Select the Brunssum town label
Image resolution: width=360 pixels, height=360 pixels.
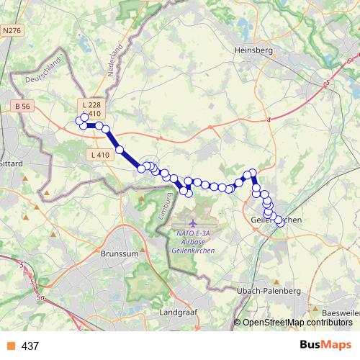(x=120, y=254)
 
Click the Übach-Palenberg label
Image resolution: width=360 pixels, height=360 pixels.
(x=268, y=290)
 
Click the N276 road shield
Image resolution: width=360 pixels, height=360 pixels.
(x=12, y=31)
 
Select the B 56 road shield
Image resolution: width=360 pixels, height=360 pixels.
(x=23, y=106)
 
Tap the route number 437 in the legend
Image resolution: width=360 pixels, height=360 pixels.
(x=30, y=346)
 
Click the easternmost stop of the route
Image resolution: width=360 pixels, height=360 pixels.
(x=281, y=224)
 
